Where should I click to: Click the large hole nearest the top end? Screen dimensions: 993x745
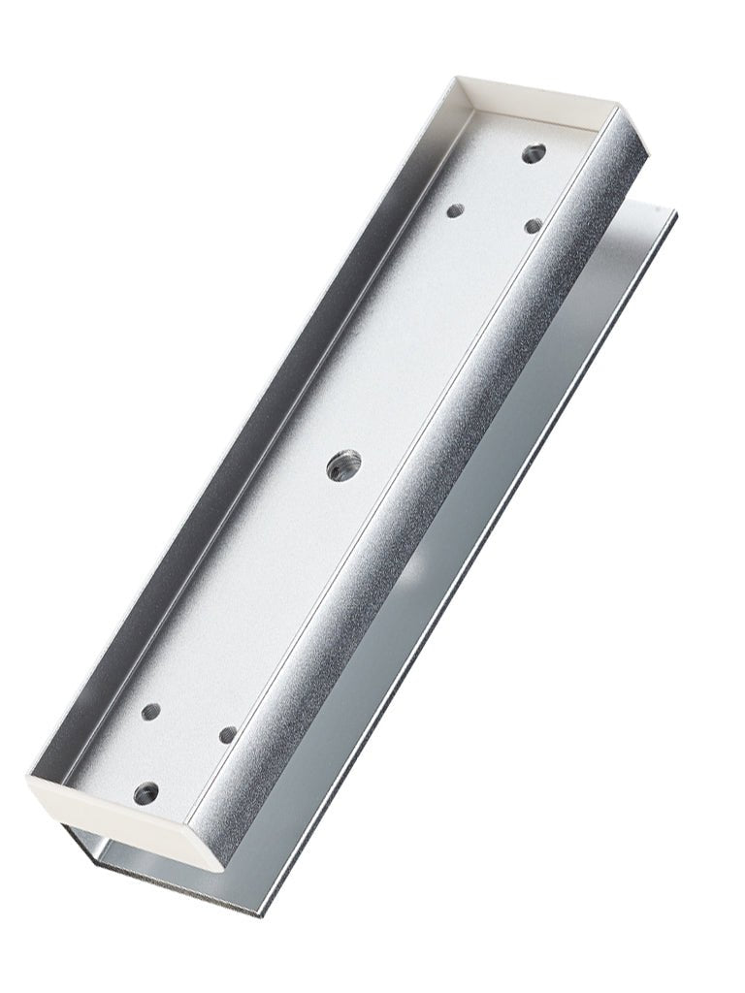533,152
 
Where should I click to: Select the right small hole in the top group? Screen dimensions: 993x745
532,225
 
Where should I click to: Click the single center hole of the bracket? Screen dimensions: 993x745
342,464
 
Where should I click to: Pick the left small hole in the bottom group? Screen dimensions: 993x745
150,711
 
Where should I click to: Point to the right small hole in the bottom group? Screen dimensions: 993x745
227,734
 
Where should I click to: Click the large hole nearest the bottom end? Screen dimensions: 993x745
146,792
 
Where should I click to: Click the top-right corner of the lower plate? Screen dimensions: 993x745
673,211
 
